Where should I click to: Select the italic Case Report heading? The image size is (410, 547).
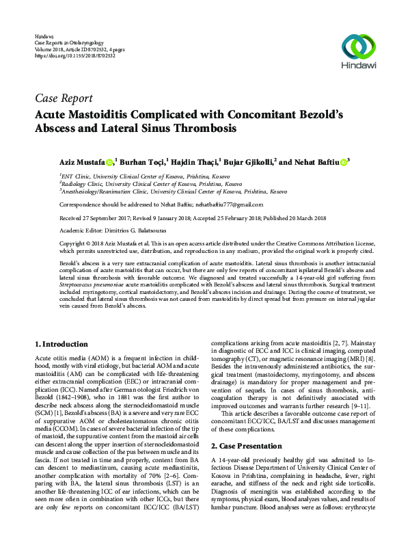pos(68,96)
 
